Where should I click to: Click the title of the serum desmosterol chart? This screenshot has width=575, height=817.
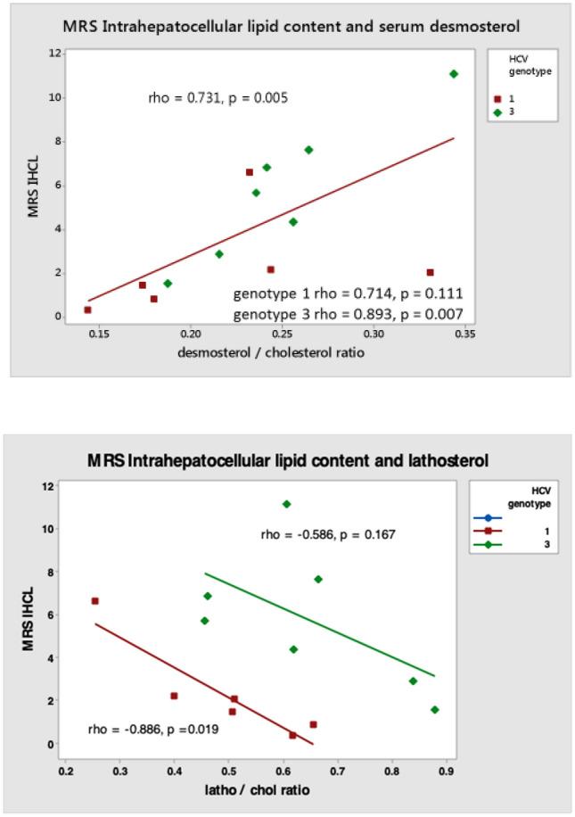pyautogui.click(x=291, y=26)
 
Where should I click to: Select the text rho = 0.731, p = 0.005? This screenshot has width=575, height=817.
pyautogui.click(x=218, y=97)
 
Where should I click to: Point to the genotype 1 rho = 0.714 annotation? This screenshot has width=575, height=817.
pyautogui.click(x=348, y=293)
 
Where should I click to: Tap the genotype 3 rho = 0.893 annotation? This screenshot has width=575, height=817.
pyautogui.click(x=348, y=314)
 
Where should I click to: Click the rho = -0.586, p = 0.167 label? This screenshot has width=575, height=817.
pyautogui.click(x=327, y=535)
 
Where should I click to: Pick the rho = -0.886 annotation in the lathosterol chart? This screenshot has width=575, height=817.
pyautogui.click(x=154, y=729)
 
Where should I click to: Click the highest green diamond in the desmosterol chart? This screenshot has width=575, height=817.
pyautogui.click(x=454, y=74)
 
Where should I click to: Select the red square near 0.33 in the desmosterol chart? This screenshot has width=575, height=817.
pyautogui.click(x=430, y=272)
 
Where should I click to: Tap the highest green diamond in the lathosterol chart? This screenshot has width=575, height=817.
pyautogui.click(x=286, y=504)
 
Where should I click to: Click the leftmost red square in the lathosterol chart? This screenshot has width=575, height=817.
pyautogui.click(x=94, y=601)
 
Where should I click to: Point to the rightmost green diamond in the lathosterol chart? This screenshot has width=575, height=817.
pyautogui.click(x=434, y=710)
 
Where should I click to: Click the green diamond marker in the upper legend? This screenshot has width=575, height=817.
pyautogui.click(x=500, y=111)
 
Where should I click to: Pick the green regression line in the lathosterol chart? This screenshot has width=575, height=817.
pyautogui.click(x=321, y=625)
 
